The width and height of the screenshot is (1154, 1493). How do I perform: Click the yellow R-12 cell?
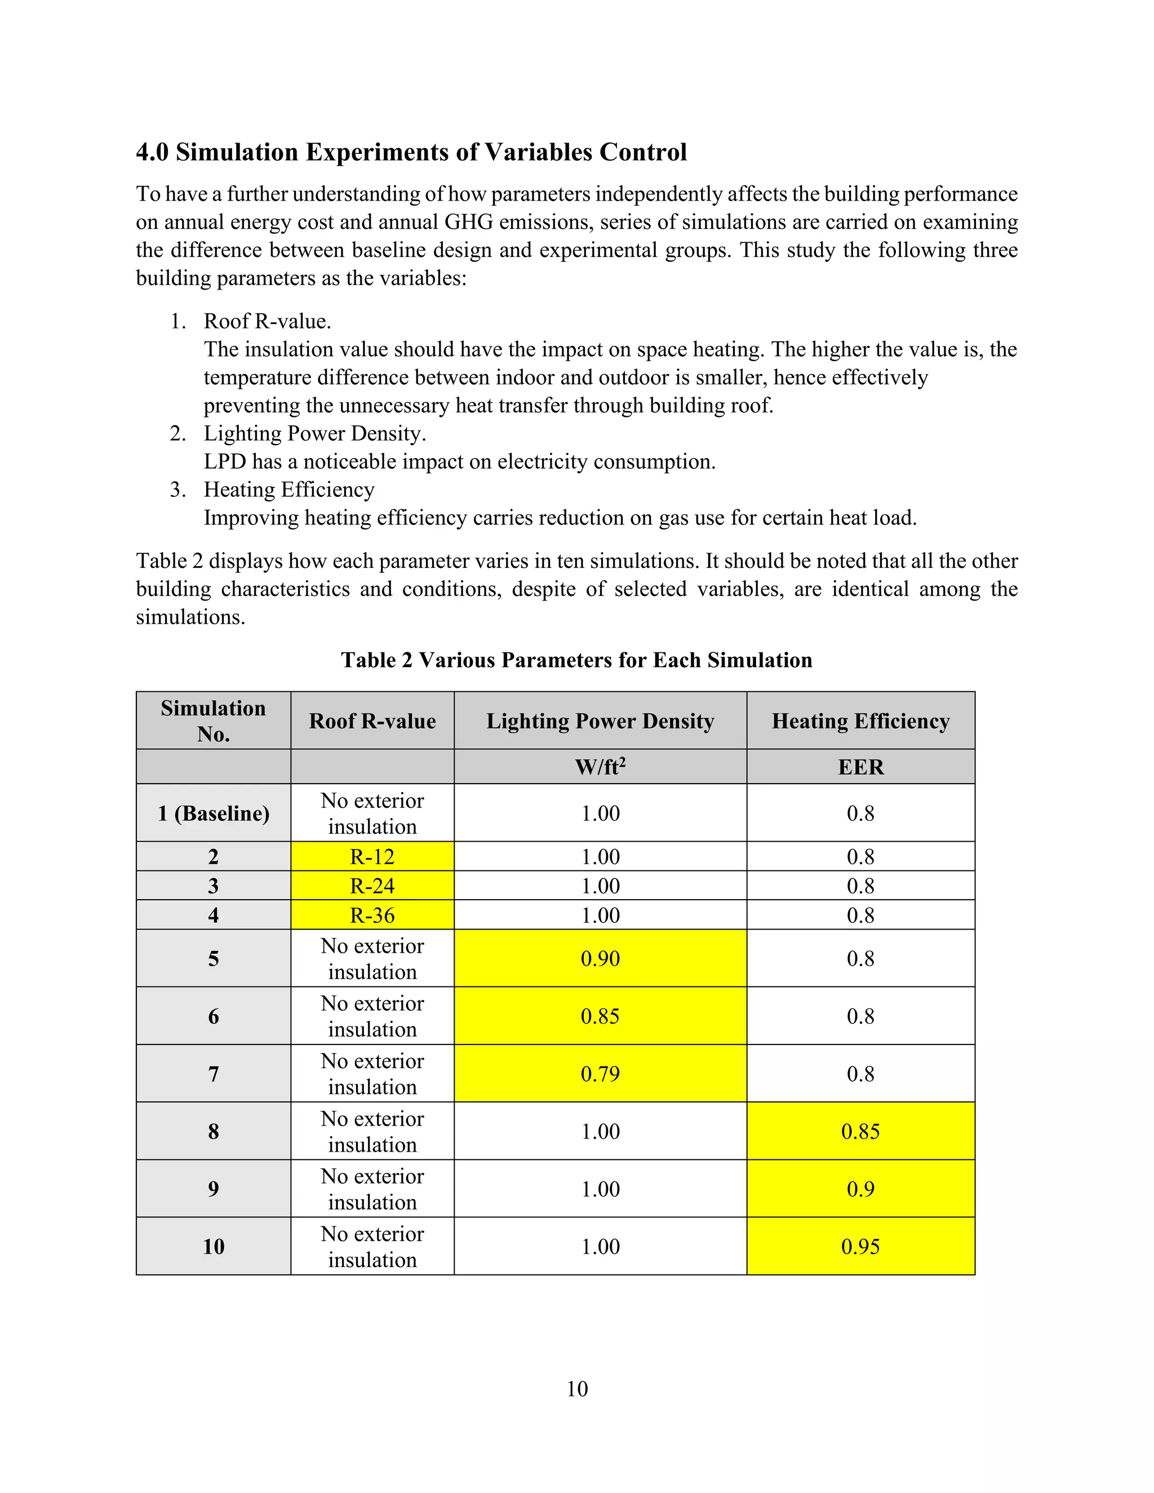pyautogui.click(x=372, y=856)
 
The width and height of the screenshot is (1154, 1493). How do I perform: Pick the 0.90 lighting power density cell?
pyautogui.click(x=600, y=958)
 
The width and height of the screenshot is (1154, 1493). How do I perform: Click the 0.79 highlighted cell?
pyautogui.click(x=600, y=1073)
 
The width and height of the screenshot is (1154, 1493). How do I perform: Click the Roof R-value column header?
pyautogui.click(x=372, y=721)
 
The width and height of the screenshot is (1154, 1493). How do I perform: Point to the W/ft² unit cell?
pyautogui.click(x=600, y=766)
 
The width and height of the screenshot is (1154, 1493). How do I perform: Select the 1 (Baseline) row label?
pyautogui.click(x=214, y=813)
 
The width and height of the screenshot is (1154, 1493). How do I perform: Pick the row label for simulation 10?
pyautogui.click(x=214, y=1246)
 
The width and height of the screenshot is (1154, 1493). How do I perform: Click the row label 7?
pyautogui.click(x=214, y=1073)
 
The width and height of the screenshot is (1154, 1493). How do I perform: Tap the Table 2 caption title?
pyautogui.click(x=576, y=660)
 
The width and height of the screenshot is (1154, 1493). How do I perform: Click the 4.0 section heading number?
pyautogui.click(x=152, y=152)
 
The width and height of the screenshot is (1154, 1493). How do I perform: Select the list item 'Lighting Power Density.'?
pyautogui.click(x=314, y=433)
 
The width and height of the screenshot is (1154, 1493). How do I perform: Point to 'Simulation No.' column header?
pyautogui.click(x=214, y=721)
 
